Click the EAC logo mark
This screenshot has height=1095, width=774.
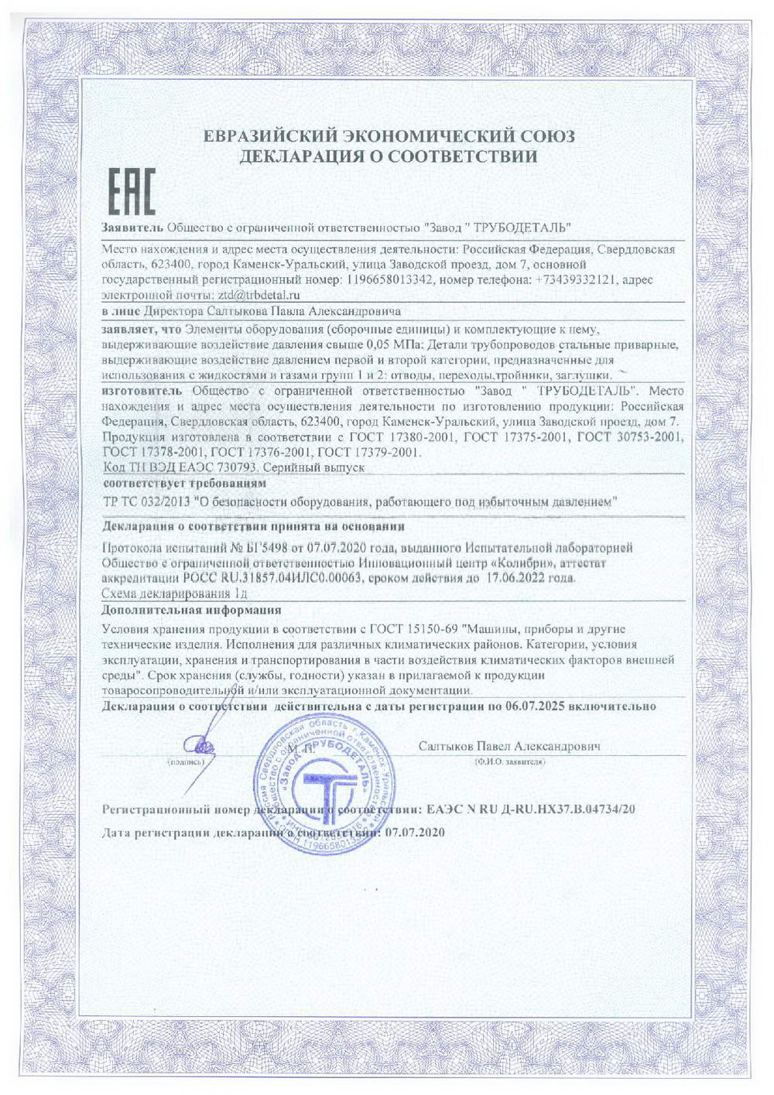click(129, 191)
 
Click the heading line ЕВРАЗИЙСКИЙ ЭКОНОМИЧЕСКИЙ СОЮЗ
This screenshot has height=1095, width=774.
click(389, 137)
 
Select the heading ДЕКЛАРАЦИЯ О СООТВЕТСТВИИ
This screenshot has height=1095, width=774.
click(389, 157)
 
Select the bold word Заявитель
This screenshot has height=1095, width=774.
click(132, 228)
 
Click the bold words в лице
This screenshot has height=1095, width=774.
click(121, 312)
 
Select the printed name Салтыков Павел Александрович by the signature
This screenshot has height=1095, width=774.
click(509, 747)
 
